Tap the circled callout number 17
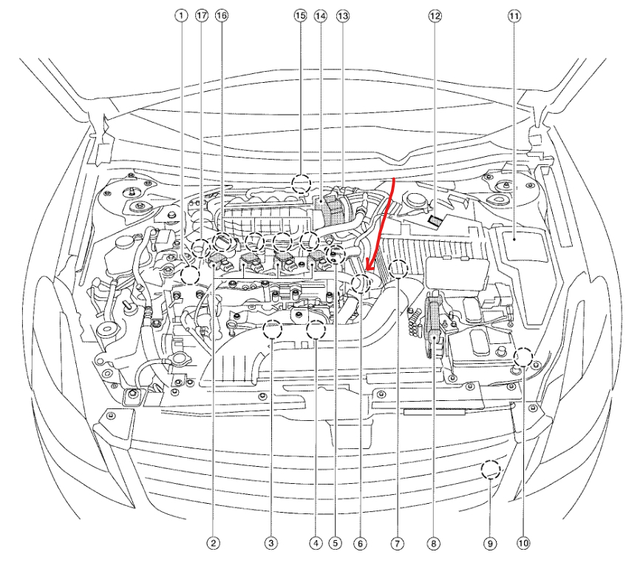[202, 15]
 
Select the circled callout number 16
[221, 15]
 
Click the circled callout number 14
[320, 15]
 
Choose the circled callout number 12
[435, 15]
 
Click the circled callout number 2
[213, 544]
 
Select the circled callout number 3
[272, 544]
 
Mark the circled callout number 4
[316, 544]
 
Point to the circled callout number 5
[336, 544]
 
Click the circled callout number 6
[360, 544]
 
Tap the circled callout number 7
[397, 544]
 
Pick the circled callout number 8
[433, 544]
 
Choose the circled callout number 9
[490, 544]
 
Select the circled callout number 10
[523, 544]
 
